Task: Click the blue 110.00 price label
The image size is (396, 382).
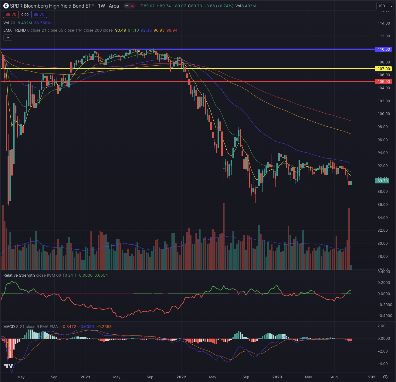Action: point(384,49)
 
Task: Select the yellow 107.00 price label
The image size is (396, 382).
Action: point(384,69)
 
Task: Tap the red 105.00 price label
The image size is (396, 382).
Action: point(384,82)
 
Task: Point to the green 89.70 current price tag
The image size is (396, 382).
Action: point(382,181)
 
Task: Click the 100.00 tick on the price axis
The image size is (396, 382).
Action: point(384,114)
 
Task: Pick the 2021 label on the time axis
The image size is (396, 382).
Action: point(85,377)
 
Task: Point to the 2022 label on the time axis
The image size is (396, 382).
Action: point(181,377)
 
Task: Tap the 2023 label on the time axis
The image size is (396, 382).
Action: point(277,377)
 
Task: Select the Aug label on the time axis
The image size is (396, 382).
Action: point(334,377)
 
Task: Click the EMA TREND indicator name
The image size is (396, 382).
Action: point(15,30)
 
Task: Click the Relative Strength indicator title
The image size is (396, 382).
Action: point(19,275)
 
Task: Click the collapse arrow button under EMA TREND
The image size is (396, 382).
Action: point(8,38)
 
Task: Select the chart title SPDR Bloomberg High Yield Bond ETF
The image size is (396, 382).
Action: point(52,6)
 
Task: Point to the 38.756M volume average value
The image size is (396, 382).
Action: point(42,23)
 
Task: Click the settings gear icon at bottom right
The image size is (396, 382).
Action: point(385,377)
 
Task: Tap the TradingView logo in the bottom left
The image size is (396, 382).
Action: point(9,366)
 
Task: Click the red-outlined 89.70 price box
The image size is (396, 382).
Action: point(11,15)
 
